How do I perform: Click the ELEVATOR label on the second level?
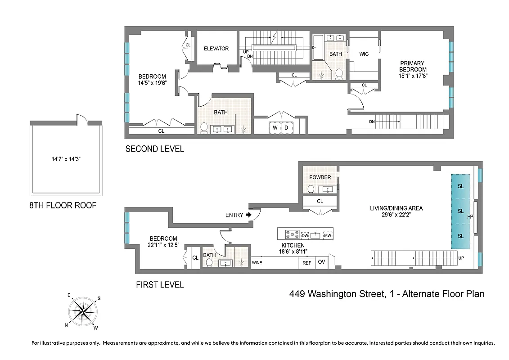(x=216, y=49)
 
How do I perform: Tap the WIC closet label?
(x=364, y=54)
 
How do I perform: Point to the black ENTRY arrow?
(x=248, y=215)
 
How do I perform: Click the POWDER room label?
(x=320, y=177)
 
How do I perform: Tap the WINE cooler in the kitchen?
(x=257, y=263)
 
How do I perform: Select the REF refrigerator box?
(x=306, y=263)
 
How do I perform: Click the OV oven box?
(x=321, y=262)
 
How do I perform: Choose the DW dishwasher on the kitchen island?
(x=305, y=235)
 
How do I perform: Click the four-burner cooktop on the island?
(x=291, y=234)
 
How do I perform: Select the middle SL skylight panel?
(x=460, y=211)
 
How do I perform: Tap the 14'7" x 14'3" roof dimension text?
(x=65, y=158)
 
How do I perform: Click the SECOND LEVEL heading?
(x=154, y=149)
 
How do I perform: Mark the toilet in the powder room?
(x=311, y=188)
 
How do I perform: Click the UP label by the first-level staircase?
(x=460, y=258)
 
